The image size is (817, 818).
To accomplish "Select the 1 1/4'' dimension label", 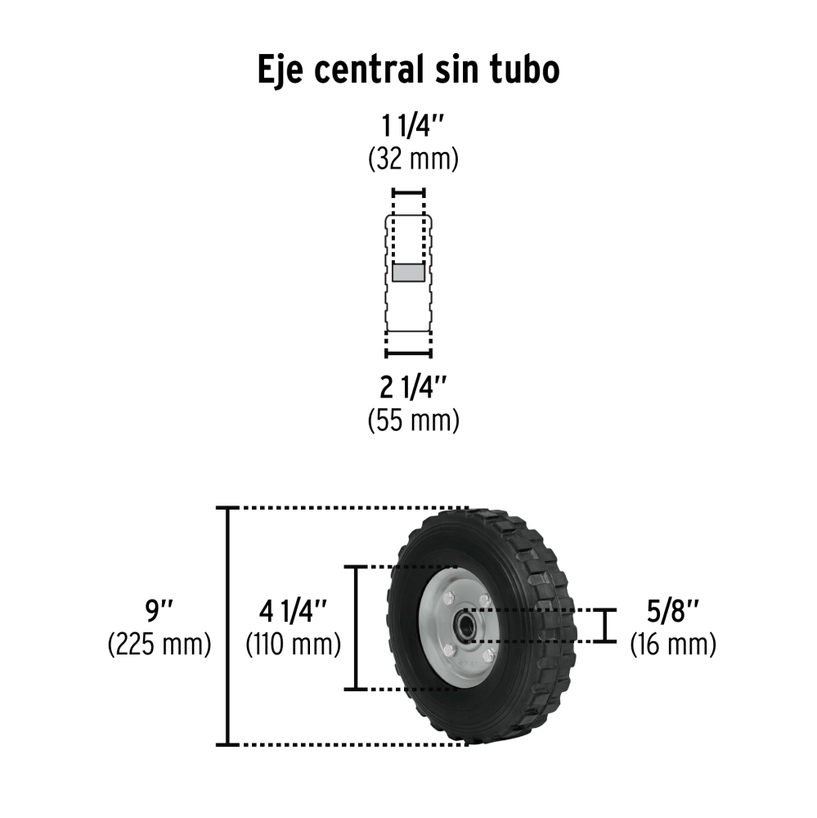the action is (413, 126).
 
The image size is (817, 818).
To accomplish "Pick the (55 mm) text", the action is (413, 420).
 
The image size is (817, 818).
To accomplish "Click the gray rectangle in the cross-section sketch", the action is (409, 272).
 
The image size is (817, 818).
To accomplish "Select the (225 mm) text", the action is (159, 644).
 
